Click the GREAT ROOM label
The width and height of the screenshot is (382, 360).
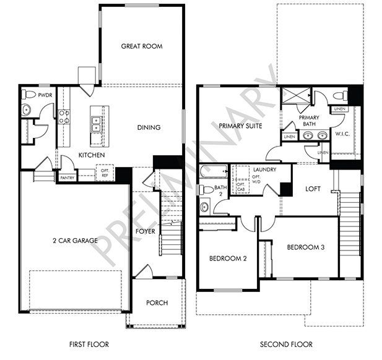141,46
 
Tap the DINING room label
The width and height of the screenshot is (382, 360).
149,127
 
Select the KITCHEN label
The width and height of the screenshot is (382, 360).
91,155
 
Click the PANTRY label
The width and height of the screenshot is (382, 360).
66,178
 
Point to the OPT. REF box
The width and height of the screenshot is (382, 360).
104,174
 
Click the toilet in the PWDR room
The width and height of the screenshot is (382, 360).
27,95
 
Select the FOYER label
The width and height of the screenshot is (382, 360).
146,231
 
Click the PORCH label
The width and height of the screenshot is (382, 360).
157,302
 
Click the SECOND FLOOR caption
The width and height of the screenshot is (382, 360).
285,344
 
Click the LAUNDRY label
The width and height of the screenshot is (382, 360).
260,169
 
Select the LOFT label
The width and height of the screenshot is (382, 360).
312,189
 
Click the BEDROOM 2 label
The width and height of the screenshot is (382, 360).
227,258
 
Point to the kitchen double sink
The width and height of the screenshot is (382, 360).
96,125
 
